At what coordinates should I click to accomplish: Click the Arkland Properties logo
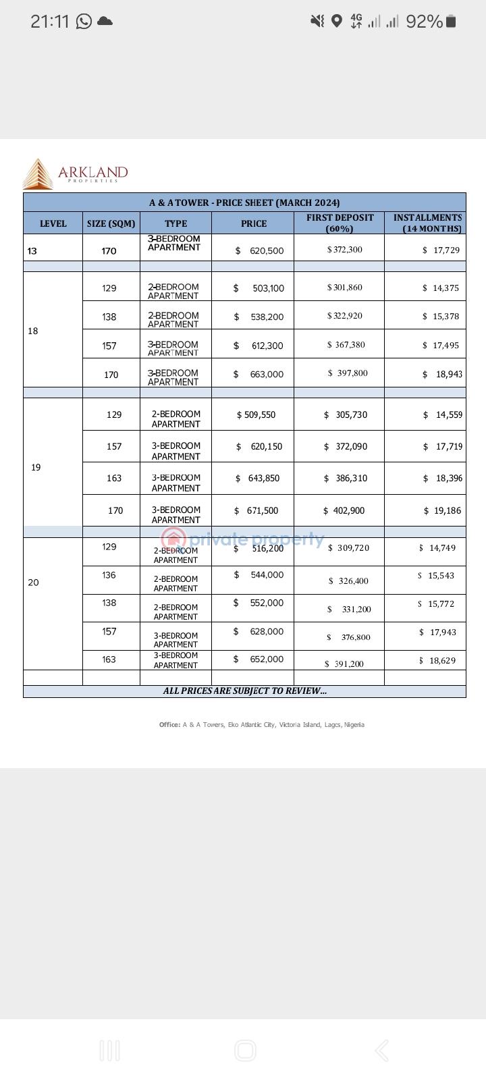(x=74, y=173)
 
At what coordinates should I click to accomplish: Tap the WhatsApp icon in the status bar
(x=84, y=22)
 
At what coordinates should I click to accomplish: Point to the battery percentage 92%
(x=424, y=22)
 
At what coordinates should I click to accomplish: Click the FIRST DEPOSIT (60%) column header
(x=340, y=223)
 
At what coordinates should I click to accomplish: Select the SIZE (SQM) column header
(x=111, y=223)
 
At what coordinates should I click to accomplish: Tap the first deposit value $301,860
(x=345, y=288)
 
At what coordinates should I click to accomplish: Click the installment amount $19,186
(x=443, y=510)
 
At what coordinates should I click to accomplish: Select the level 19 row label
(x=36, y=467)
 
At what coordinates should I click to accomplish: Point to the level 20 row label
(x=33, y=583)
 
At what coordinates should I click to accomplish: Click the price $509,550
(x=256, y=414)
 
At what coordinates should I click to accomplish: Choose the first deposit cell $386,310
(x=346, y=478)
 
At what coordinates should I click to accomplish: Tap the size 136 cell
(x=109, y=575)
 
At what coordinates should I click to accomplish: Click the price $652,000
(x=259, y=659)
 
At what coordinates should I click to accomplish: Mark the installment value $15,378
(x=441, y=317)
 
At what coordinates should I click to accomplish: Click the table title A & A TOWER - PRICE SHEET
(x=244, y=202)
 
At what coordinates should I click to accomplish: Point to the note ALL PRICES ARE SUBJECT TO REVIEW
(x=244, y=691)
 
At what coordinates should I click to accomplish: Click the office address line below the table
(x=262, y=724)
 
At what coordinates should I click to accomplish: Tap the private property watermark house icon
(x=173, y=539)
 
